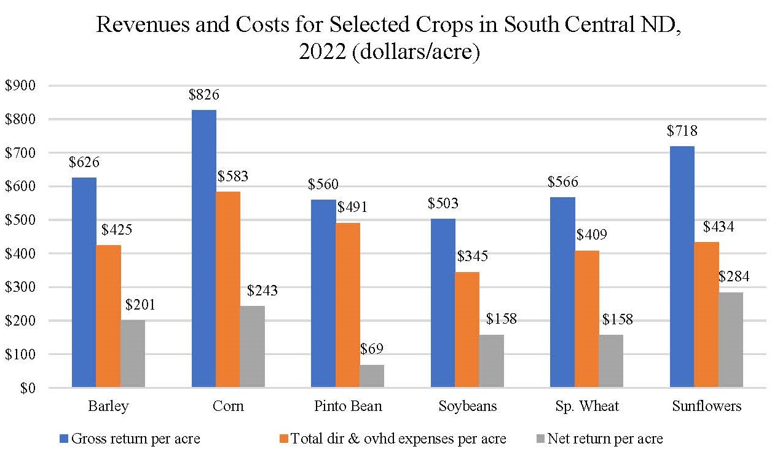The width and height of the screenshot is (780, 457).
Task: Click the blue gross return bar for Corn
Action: pos(203,249)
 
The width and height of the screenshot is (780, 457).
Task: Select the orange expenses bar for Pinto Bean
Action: pos(348,305)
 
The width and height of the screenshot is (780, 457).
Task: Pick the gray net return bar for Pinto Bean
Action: pos(372,376)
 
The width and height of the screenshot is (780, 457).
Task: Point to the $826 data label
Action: pos(203,95)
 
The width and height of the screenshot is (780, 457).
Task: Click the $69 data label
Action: pos(371,350)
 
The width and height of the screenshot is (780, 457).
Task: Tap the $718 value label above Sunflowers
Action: pos(682,131)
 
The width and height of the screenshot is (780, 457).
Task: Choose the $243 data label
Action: pos(262,290)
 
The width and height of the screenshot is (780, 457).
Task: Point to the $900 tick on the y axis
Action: pos(21,86)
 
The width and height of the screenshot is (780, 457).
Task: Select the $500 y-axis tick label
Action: pos(21,220)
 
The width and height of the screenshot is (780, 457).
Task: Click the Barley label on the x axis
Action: pos(108,407)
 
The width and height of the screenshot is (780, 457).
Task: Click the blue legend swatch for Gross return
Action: pos(65,439)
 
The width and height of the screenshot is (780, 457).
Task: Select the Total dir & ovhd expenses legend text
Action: pos(398,439)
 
